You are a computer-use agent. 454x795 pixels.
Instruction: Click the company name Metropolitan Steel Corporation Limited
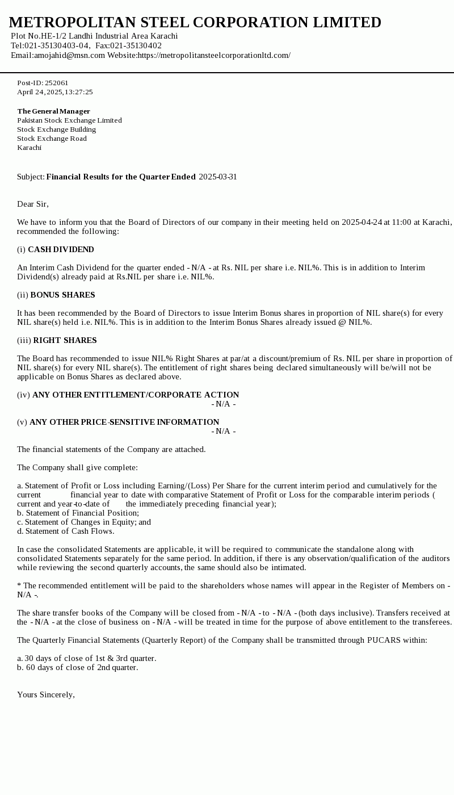[195, 22]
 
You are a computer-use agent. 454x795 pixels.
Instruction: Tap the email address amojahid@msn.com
[69, 55]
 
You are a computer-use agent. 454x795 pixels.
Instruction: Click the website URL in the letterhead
[214, 55]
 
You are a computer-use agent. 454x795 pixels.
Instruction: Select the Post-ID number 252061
[57, 83]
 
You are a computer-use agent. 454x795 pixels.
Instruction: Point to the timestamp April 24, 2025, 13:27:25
[54, 92]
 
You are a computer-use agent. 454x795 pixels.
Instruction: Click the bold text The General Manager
[53, 111]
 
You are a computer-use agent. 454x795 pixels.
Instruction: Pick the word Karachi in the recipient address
[29, 148]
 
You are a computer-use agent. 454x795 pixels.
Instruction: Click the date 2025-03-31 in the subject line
[218, 177]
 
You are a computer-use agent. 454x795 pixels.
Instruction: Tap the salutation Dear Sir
[32, 204]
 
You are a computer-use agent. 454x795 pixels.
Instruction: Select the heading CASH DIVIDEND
[61, 249]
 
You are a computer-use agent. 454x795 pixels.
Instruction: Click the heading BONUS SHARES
[62, 295]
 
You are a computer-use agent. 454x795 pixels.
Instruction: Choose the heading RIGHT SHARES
[65, 340]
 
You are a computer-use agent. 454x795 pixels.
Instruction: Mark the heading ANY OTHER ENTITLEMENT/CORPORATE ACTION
[136, 395]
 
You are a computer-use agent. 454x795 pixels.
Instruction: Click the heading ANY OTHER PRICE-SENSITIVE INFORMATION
[124, 422]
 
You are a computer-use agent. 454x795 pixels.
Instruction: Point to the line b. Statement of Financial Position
[78, 513]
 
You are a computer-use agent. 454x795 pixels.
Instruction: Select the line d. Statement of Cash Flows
[65, 531]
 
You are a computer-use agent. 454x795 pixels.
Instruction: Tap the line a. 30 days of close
[86, 658]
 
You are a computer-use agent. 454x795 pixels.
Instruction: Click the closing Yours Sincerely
[45, 694]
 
